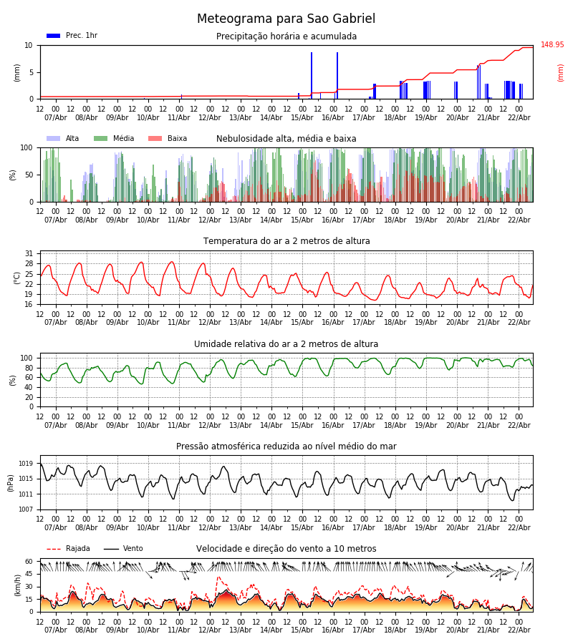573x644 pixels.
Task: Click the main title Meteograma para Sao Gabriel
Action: point(286,19)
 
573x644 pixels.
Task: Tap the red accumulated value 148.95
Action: point(552,45)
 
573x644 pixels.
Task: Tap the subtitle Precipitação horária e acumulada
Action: point(286,36)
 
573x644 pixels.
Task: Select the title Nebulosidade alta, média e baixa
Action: point(286,139)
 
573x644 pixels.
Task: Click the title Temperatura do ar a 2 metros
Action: point(286,241)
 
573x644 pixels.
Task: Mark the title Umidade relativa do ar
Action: point(286,344)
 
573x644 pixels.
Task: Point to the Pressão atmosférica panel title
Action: point(286,447)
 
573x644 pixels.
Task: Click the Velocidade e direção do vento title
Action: point(286,549)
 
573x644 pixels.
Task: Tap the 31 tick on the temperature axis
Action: point(29,253)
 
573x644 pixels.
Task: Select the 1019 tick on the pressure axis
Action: point(27,464)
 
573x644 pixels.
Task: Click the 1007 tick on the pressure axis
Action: point(27,509)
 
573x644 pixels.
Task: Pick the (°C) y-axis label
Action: point(17,278)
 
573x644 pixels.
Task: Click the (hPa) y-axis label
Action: point(11,482)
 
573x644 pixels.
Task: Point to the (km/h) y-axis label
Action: point(17,585)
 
